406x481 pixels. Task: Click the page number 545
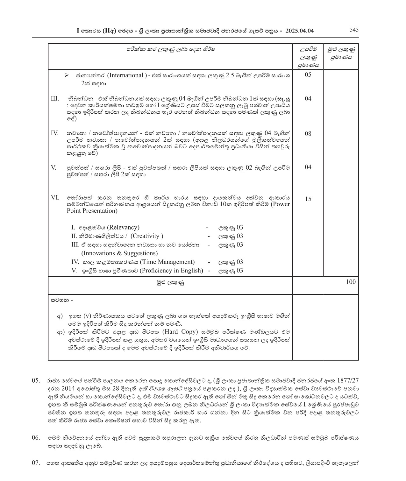pos(354,30)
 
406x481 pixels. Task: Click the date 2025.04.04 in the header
pos(300,31)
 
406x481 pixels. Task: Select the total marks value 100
pos(351,282)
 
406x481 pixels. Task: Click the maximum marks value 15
pos(308,199)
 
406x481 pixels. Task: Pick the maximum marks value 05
pos(308,75)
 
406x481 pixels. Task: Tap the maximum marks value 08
pos(308,134)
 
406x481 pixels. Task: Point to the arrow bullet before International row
pos(66,75)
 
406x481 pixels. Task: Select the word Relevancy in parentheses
pos(123,228)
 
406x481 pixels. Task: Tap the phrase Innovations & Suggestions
pos(119,253)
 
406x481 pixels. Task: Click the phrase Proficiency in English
pos(171,271)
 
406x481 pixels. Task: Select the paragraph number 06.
pos(36,438)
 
